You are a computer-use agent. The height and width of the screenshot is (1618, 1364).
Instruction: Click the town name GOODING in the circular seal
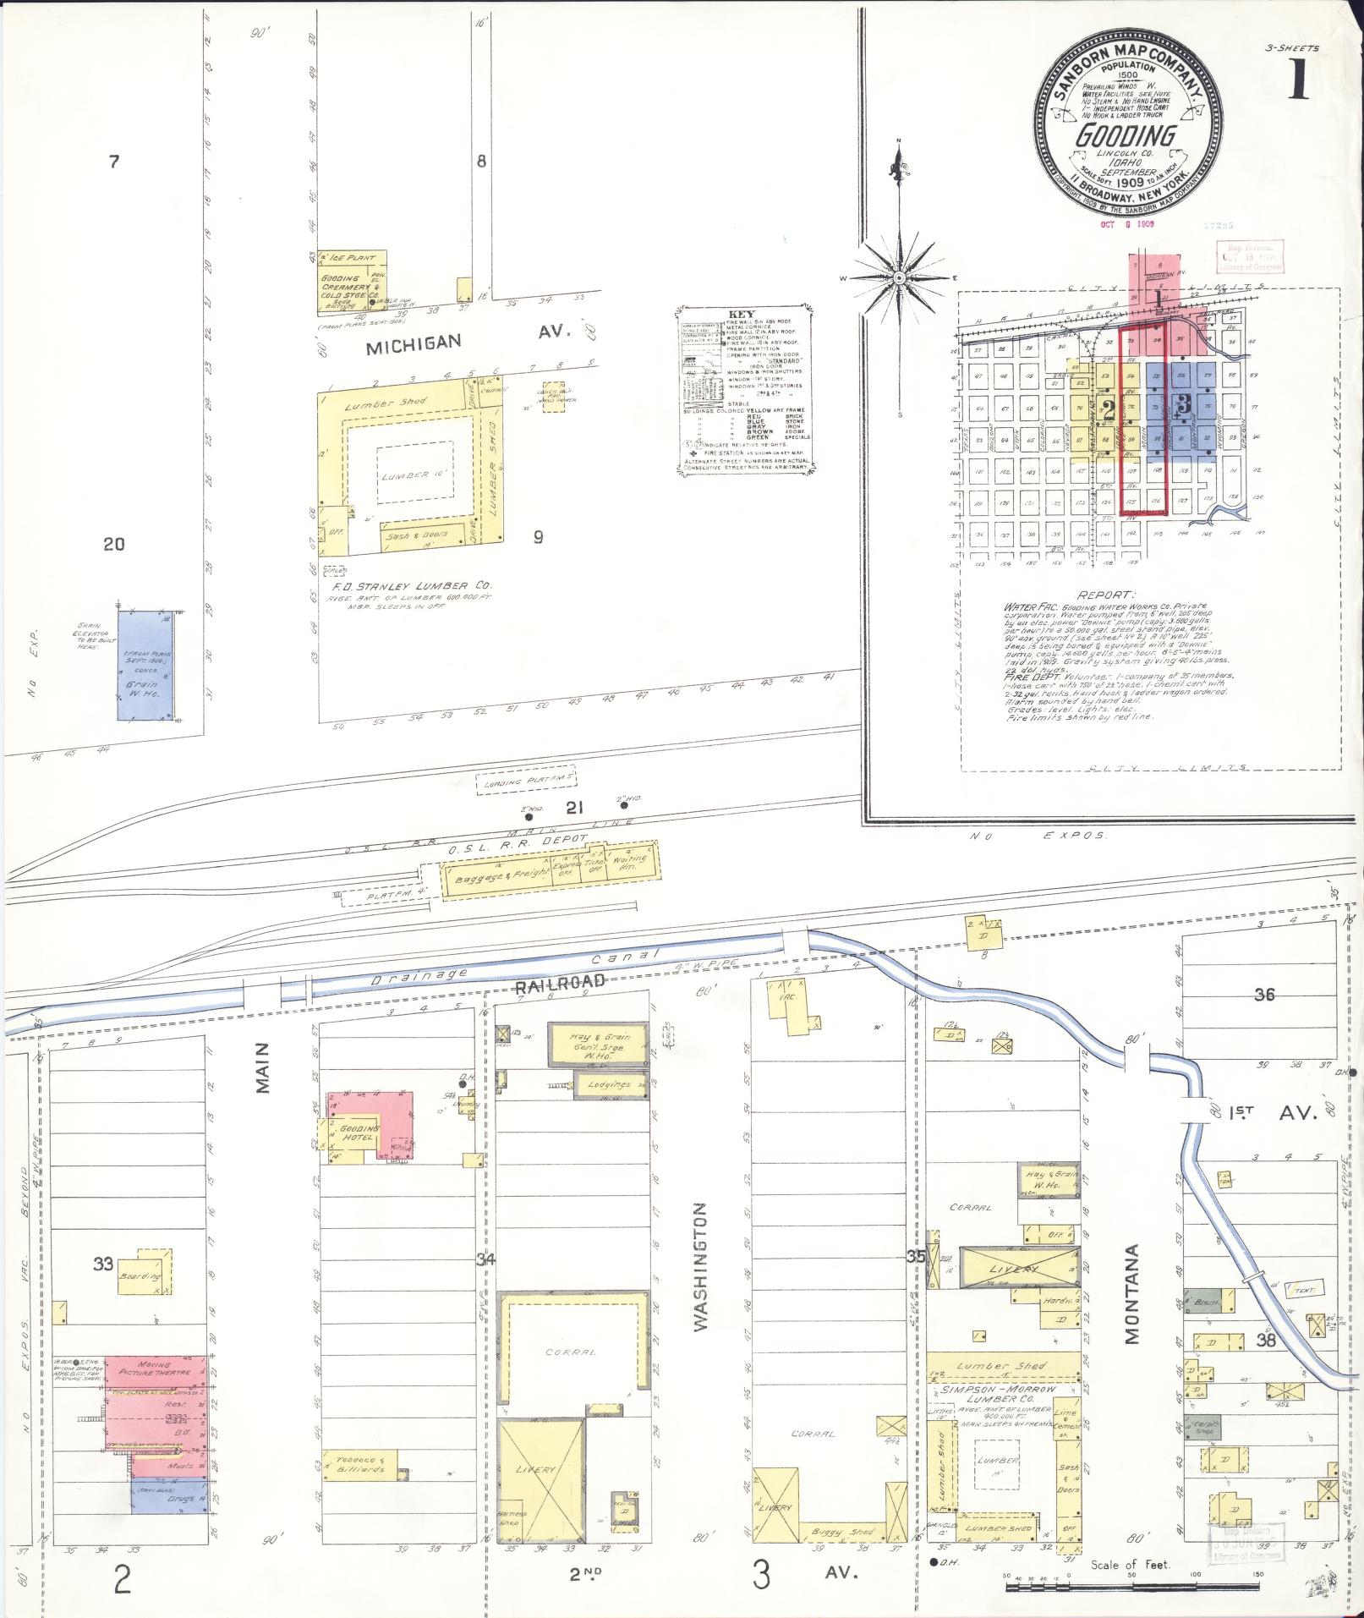1126,135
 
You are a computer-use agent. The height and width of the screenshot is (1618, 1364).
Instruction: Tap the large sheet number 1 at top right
1300,82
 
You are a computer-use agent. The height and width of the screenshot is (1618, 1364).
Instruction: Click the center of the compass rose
900,277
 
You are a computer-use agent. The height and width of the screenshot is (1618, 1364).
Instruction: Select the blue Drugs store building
170,1497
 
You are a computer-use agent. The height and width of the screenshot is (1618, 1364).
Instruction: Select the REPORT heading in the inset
1107,595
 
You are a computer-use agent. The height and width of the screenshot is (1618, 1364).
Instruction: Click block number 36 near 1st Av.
1263,995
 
